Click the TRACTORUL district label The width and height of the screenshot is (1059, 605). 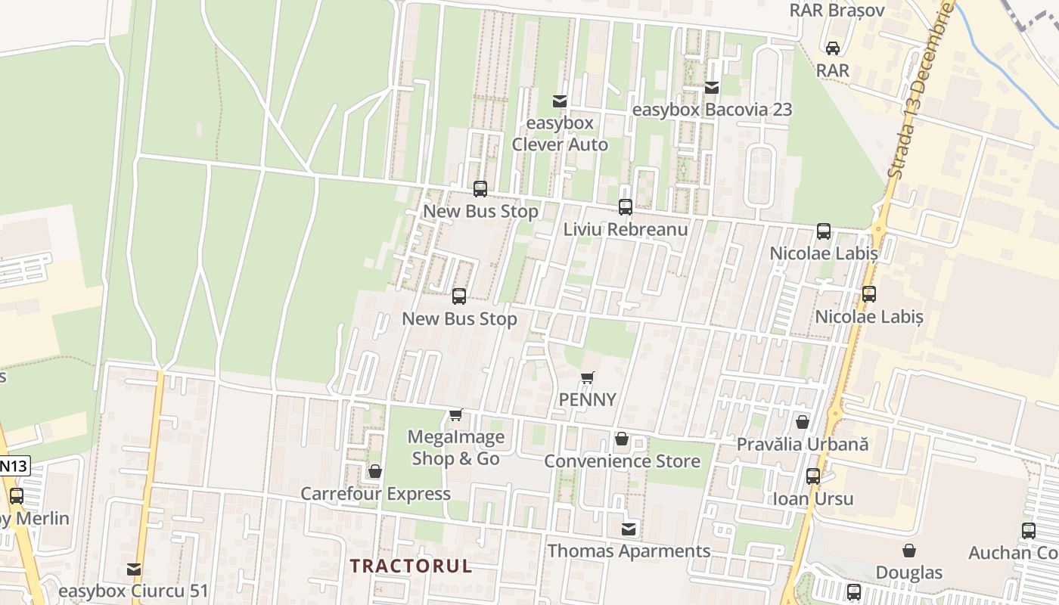click(x=411, y=566)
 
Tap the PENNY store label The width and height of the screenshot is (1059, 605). click(x=588, y=399)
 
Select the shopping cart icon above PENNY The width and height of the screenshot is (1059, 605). click(x=588, y=377)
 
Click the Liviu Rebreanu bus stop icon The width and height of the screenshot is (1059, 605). click(x=626, y=206)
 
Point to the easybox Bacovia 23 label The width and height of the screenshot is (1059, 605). click(x=712, y=110)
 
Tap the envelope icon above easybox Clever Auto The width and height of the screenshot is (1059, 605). click(x=560, y=101)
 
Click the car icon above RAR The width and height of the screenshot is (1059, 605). click(x=833, y=48)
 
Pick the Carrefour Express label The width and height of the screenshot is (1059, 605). click(x=375, y=494)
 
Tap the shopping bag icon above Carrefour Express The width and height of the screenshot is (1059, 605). click(x=374, y=472)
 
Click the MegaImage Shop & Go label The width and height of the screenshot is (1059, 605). click(x=455, y=448)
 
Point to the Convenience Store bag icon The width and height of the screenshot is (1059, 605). click(x=622, y=439)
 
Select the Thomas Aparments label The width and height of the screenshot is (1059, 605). click(x=629, y=551)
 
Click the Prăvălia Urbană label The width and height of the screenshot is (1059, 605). click(x=803, y=445)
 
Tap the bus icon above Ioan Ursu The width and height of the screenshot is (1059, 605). click(x=813, y=476)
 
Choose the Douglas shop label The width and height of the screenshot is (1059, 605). click(x=909, y=572)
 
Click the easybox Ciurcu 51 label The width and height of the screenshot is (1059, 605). click(x=133, y=590)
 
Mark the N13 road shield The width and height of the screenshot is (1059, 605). click(x=14, y=466)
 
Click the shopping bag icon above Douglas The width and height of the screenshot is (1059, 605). click(x=909, y=551)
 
